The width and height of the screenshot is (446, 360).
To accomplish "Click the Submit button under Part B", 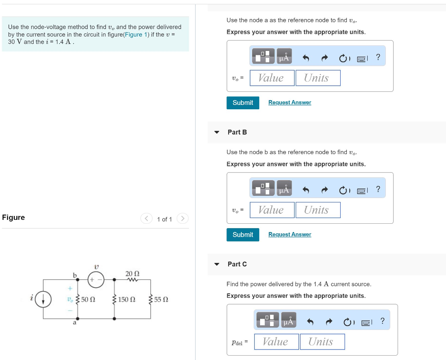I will click(x=243, y=235).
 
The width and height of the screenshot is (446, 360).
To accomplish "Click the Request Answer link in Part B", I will click(x=290, y=235).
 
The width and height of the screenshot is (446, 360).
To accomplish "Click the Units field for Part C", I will click(x=322, y=342).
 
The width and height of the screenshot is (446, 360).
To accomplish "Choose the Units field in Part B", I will click(x=318, y=210).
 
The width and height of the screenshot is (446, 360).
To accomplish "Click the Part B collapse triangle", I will click(x=217, y=132).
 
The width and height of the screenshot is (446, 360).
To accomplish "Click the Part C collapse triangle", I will click(x=217, y=264).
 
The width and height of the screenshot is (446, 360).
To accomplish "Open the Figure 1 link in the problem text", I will click(x=135, y=34).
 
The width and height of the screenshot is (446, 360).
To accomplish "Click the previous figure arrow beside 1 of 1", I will click(x=146, y=218).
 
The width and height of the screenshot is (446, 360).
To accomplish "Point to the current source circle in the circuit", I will click(x=43, y=299).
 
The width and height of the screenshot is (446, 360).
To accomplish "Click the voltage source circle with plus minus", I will click(x=96, y=279).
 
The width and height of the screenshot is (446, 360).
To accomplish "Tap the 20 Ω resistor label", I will click(x=132, y=274).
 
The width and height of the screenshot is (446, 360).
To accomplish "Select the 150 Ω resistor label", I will click(x=127, y=299).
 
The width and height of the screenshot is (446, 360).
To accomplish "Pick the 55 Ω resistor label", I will click(x=161, y=299).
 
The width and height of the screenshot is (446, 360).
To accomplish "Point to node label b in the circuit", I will click(x=74, y=275).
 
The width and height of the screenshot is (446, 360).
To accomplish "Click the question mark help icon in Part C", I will click(x=382, y=321).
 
